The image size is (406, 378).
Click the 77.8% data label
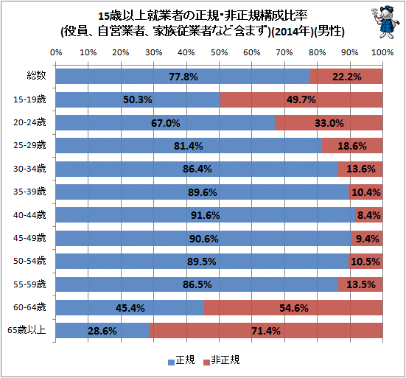(183, 77)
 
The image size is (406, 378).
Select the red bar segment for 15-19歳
(301, 99)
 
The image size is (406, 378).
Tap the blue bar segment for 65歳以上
(102, 330)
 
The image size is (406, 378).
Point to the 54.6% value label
(294, 308)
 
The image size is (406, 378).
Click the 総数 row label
(37, 75)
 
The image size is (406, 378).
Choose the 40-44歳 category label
(29, 215)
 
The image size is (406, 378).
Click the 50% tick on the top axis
(219, 52)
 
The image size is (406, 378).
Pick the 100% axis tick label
(382, 52)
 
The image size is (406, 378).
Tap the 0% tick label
(56, 52)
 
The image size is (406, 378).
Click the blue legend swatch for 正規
(171, 363)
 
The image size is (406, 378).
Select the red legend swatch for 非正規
(206, 363)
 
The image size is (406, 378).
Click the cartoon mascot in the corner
(382, 23)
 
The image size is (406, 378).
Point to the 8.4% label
(369, 215)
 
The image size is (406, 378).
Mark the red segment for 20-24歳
(329, 123)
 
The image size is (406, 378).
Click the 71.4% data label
(266, 331)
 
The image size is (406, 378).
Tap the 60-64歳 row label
(29, 307)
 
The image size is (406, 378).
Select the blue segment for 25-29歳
(189, 145)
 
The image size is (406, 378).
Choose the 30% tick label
(153, 52)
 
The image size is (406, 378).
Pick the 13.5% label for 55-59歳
(361, 284)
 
